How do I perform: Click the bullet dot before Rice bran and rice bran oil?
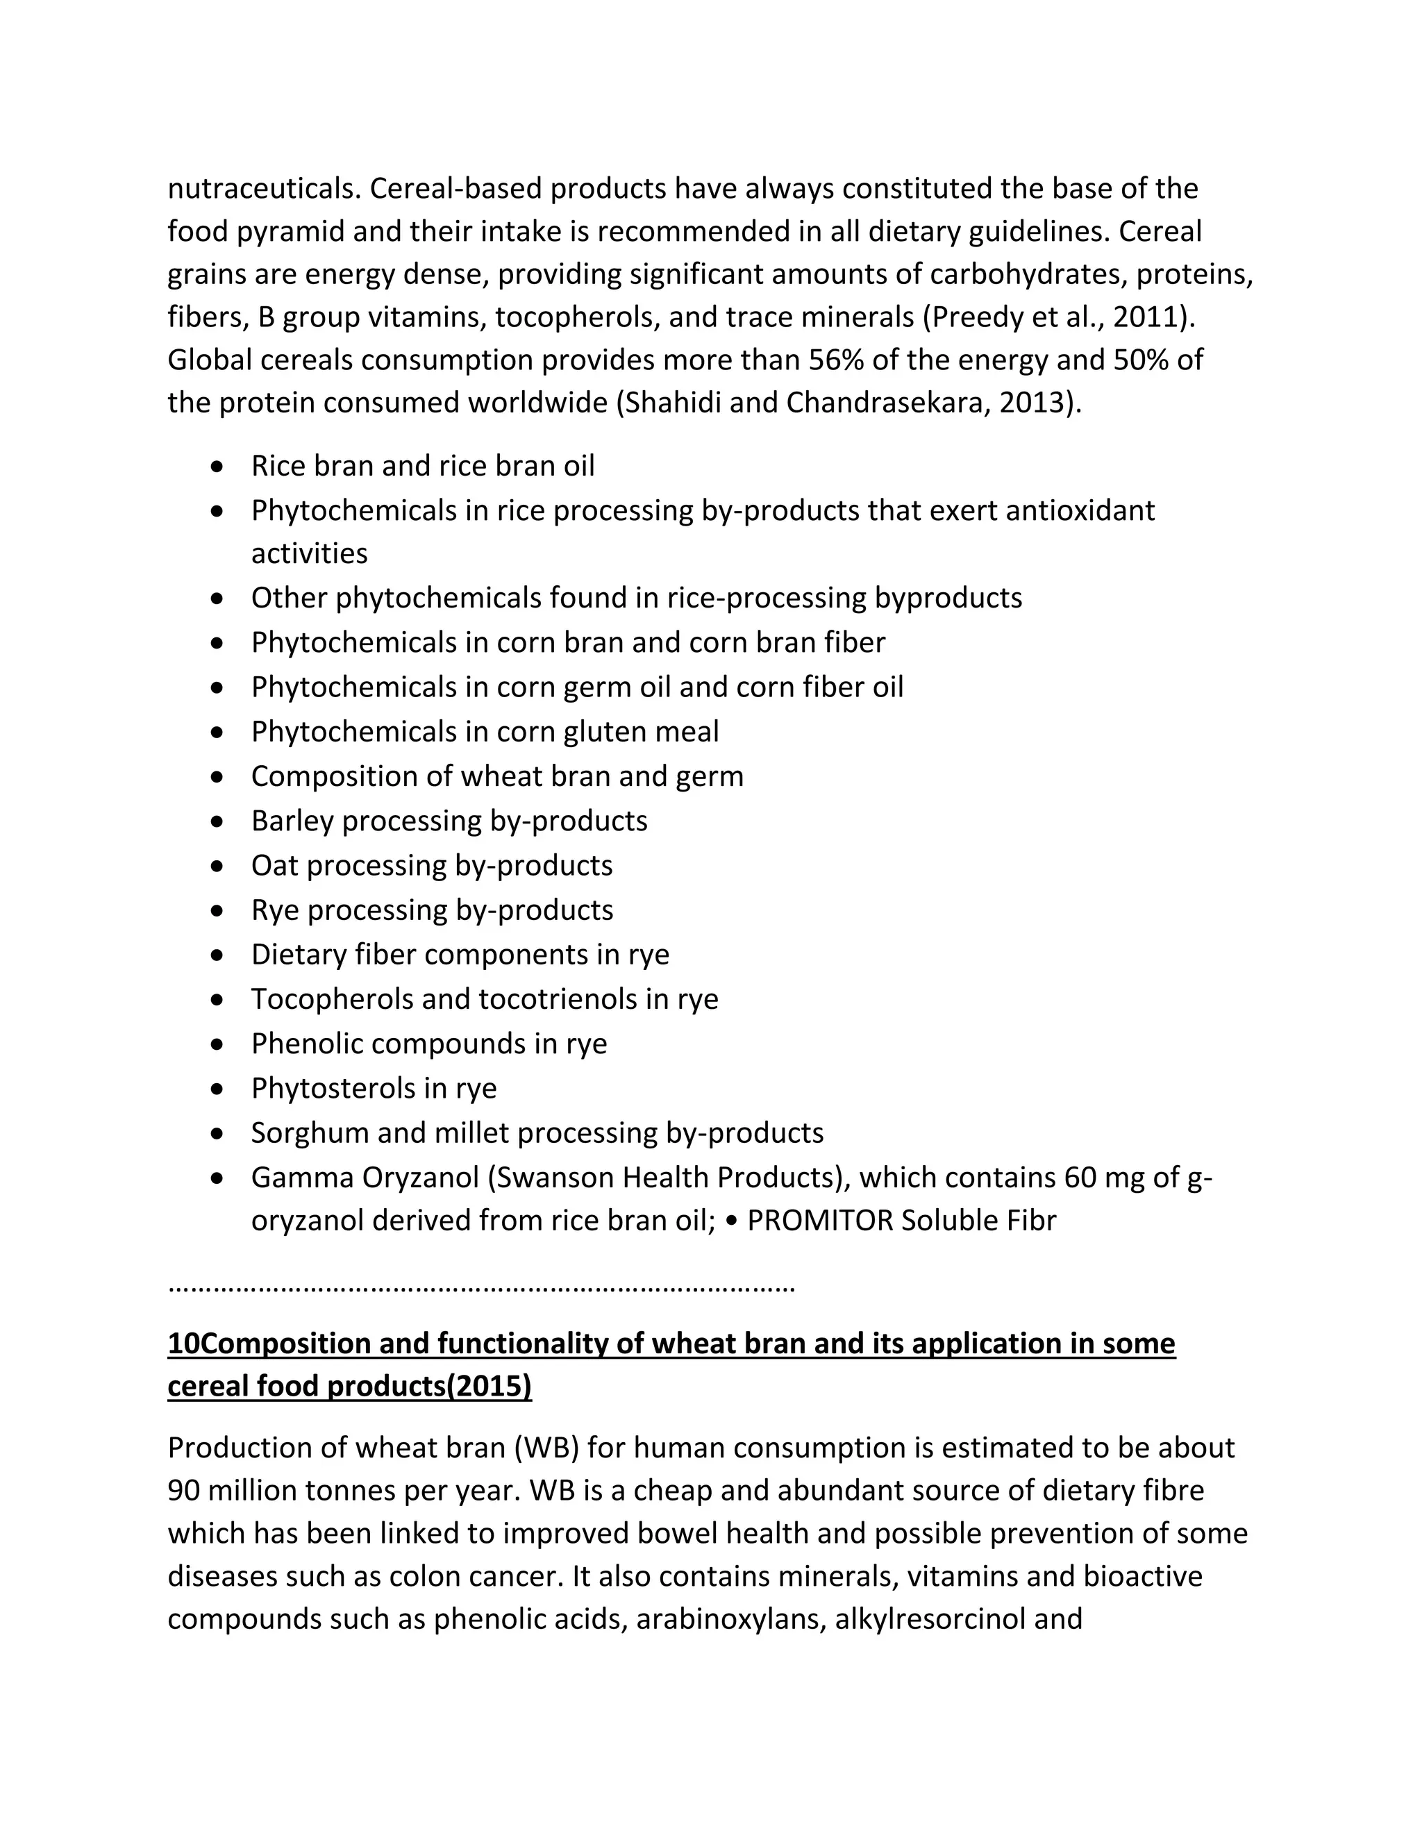pyautogui.click(x=218, y=466)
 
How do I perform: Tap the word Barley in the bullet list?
pyautogui.click(x=292, y=821)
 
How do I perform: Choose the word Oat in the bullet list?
pyautogui.click(x=275, y=866)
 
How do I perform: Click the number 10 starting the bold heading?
pyautogui.click(x=183, y=1343)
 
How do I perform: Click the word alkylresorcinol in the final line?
pyautogui.click(x=923, y=1619)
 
